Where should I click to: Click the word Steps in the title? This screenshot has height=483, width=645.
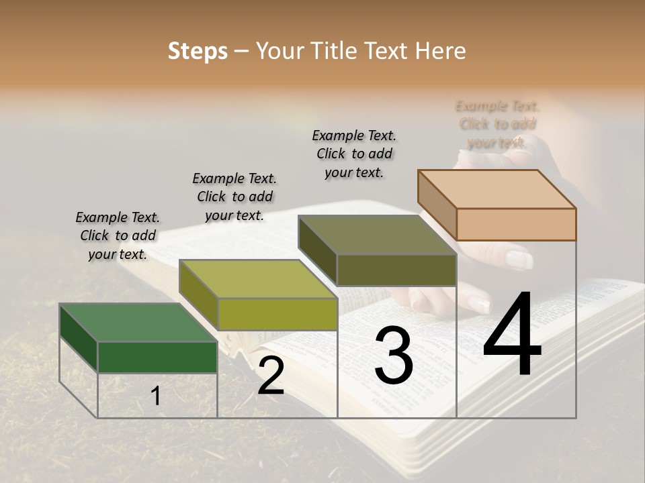pos(198,51)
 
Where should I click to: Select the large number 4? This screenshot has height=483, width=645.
pos(513,335)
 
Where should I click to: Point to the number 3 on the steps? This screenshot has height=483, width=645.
pos(394,355)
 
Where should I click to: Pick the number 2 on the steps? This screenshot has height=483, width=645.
pos(271,376)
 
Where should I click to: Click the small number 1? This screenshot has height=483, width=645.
pos(156,396)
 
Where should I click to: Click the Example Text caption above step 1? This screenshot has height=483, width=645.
pos(118,235)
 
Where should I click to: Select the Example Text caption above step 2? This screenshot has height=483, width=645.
pos(234,197)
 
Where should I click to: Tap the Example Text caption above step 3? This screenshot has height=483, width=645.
pos(354,154)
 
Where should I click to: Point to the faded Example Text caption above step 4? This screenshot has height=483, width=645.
pos(497,124)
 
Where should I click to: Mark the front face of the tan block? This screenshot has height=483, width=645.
pos(516,224)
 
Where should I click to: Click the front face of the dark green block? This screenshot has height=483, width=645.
pos(157,357)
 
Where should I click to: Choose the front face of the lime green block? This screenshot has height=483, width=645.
pos(277,314)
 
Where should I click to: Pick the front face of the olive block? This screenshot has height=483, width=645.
pos(396,270)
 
